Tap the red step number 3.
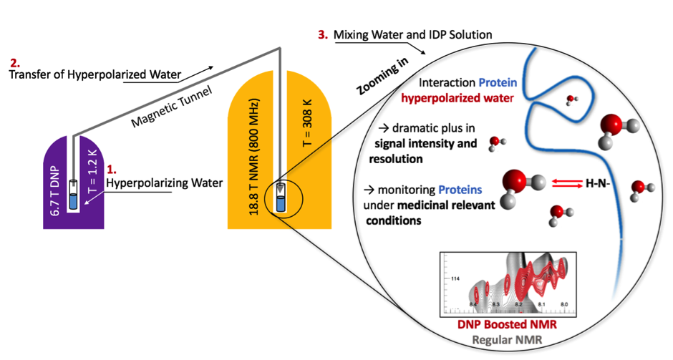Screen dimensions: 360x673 321,34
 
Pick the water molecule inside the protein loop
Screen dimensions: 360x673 571,99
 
